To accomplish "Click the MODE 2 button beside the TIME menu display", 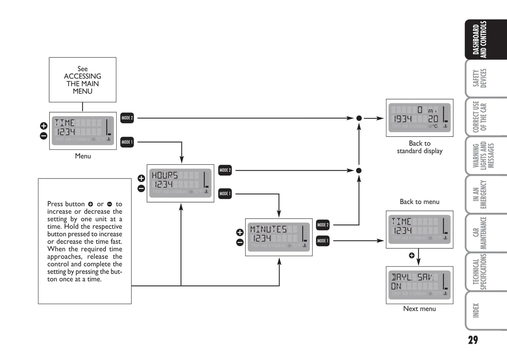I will (127, 118).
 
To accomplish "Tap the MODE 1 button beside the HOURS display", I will (225, 194).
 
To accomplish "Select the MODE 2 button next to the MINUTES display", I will (323, 225).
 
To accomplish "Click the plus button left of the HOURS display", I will (141, 178).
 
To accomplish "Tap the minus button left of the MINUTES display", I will (240, 242).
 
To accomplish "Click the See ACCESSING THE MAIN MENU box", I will (82, 80).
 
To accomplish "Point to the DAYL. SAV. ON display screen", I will (420, 285).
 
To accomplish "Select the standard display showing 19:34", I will (420, 118).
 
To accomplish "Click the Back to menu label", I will (420, 202).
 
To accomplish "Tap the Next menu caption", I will (420, 309).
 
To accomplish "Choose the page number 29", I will (473, 340).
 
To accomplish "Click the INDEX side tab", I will (476, 311).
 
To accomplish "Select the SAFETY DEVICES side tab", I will (480, 78).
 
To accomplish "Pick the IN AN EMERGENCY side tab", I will (480, 194).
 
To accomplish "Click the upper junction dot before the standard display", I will (359, 118).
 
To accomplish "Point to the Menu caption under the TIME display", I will (83, 156).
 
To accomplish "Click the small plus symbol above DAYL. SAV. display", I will (412, 255).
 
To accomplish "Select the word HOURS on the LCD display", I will (165, 175).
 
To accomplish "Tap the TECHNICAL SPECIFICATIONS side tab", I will (480, 272).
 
